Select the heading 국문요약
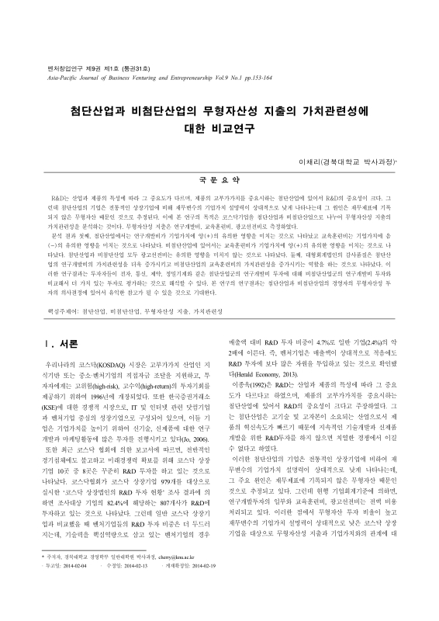pos(220,178)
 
